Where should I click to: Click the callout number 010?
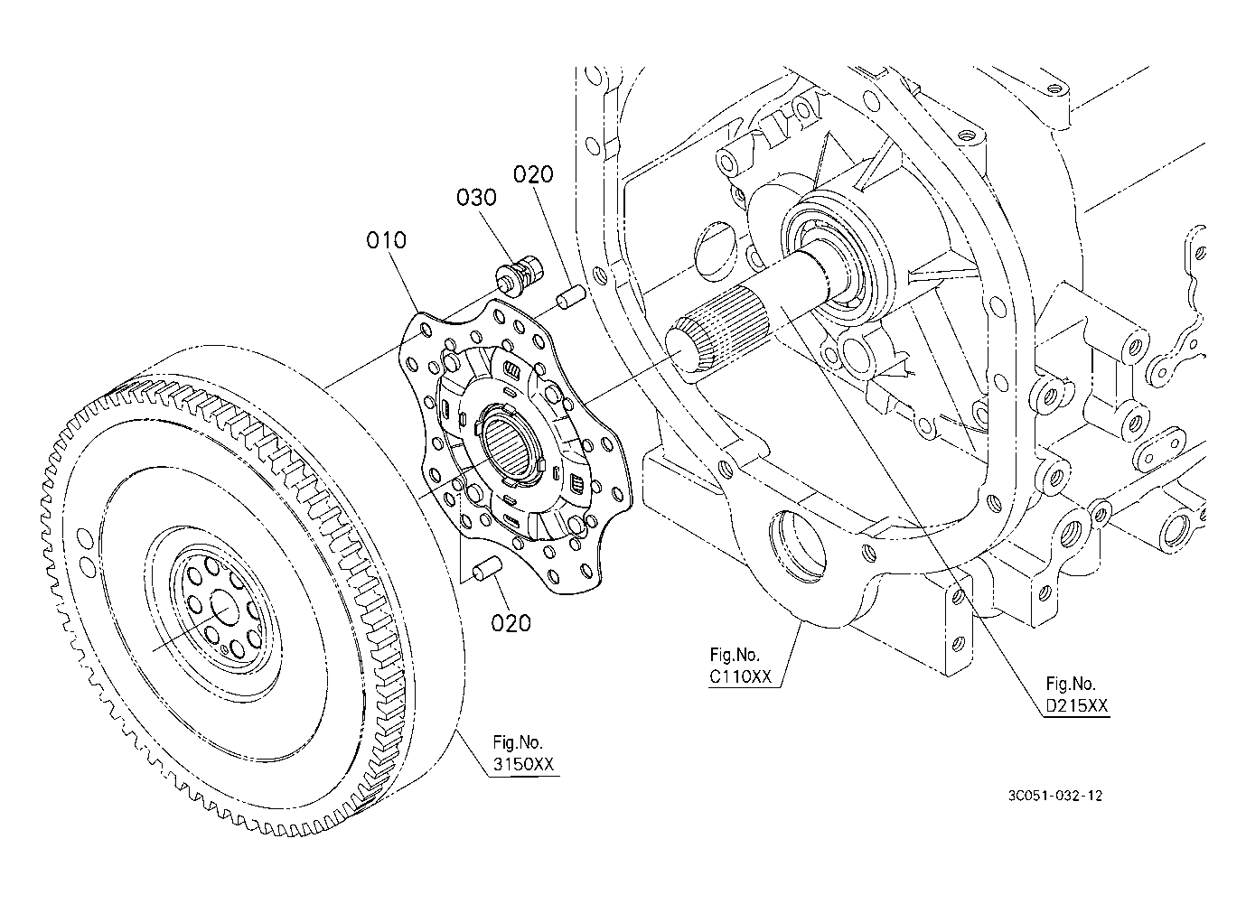click(387, 240)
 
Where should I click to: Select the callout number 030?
click(476, 197)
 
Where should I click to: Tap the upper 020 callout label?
click(533, 174)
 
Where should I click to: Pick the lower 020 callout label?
click(511, 622)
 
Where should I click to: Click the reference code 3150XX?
click(522, 764)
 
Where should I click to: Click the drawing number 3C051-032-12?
click(1056, 796)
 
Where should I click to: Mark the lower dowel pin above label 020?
click(488, 572)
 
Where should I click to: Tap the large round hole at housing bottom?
click(796, 545)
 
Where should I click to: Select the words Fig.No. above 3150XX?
click(518, 742)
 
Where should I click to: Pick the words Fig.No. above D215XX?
click(1071, 684)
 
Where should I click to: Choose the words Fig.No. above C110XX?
click(735, 654)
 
